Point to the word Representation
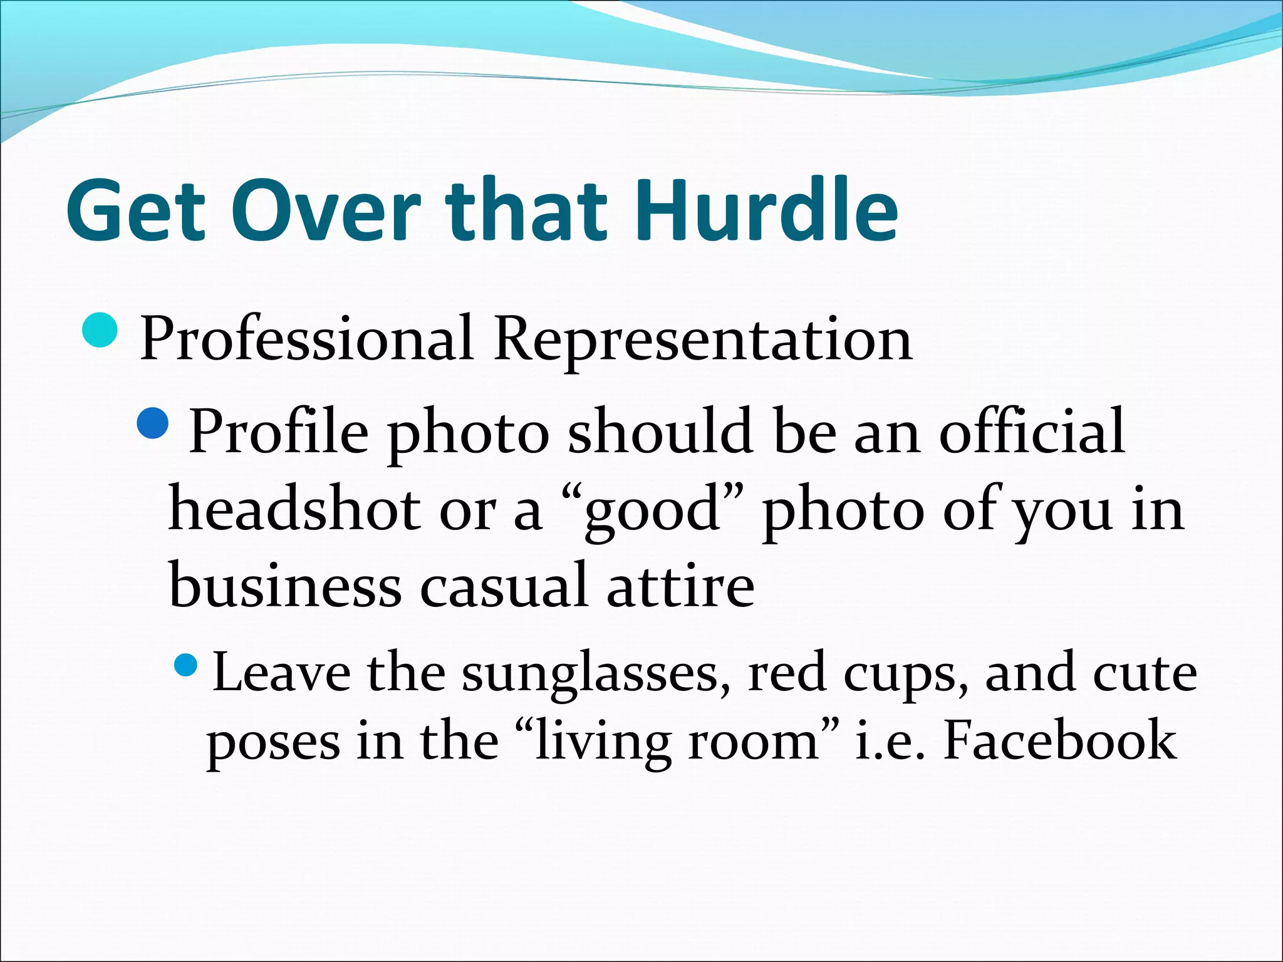pos(702,340)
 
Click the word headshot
pos(294,509)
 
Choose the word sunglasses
pos(596,675)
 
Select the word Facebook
pos(1059,741)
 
